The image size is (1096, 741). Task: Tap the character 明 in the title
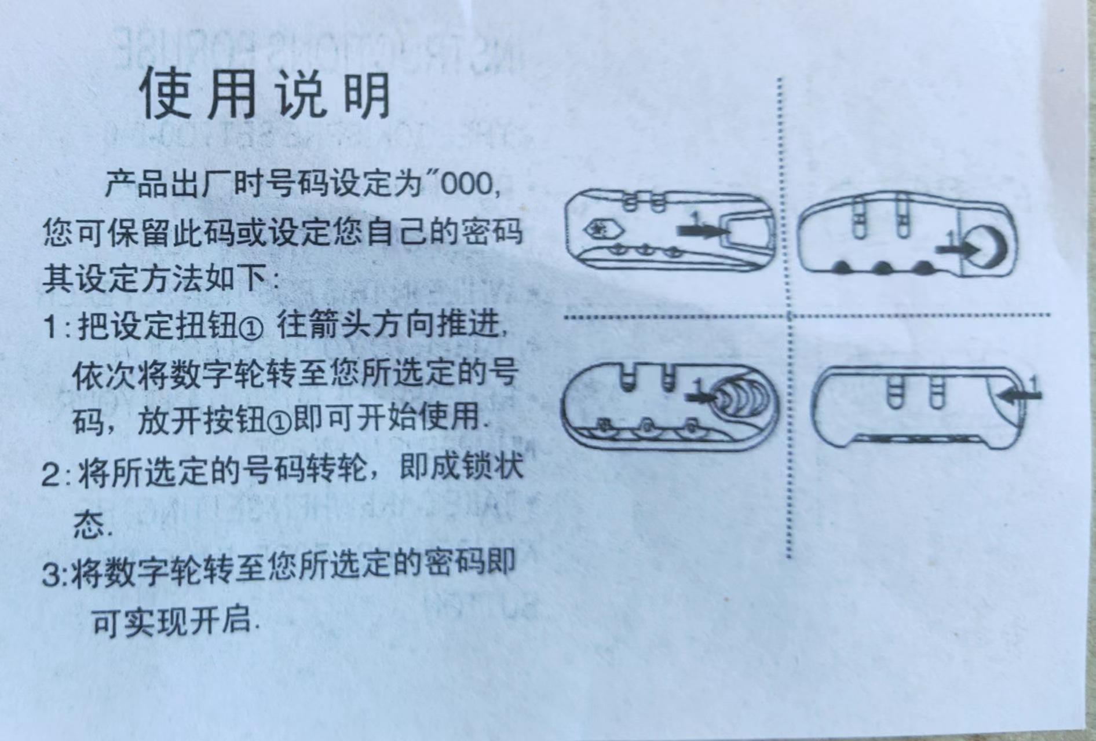coord(367,96)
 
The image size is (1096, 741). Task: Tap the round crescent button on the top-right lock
coord(990,248)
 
